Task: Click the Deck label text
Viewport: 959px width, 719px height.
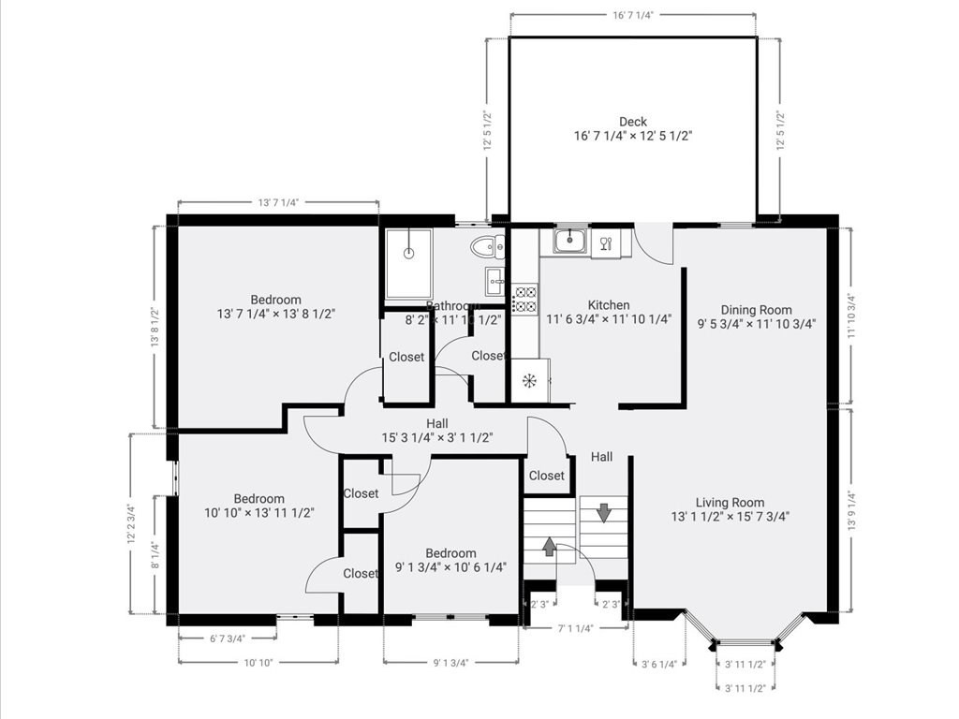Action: pyautogui.click(x=632, y=122)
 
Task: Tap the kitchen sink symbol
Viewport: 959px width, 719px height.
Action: pyautogui.click(x=569, y=242)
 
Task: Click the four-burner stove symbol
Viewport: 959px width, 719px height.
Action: pyautogui.click(x=525, y=299)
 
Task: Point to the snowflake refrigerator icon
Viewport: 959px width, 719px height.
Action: pyautogui.click(x=528, y=380)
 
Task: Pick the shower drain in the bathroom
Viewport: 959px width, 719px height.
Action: pyautogui.click(x=408, y=254)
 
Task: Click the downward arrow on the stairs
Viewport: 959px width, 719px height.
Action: pyautogui.click(x=603, y=512)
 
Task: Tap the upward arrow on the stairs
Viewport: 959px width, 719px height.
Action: pyautogui.click(x=549, y=547)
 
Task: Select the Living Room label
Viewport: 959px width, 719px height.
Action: pyautogui.click(x=730, y=502)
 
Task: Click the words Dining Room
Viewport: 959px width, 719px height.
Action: pyautogui.click(x=756, y=310)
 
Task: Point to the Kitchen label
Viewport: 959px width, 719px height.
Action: pyautogui.click(x=608, y=305)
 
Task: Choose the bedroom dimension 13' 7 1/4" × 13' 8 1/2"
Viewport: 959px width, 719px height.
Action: pyautogui.click(x=275, y=315)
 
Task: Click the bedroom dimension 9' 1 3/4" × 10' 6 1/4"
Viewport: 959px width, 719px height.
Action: pyautogui.click(x=450, y=567)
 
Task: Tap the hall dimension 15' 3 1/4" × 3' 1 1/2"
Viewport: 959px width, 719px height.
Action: pyautogui.click(x=436, y=437)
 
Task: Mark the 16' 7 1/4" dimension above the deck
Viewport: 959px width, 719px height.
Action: pyautogui.click(x=633, y=15)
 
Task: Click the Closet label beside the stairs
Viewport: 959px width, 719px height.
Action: pyautogui.click(x=547, y=476)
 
